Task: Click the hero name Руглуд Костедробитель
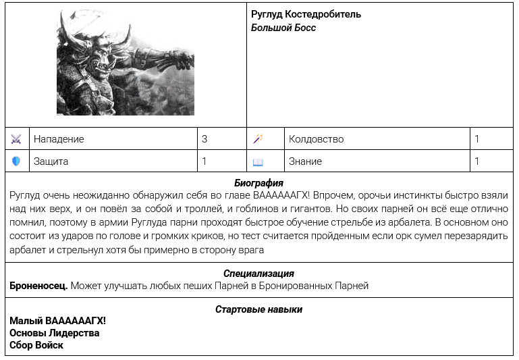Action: click(306, 14)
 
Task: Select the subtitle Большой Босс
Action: click(283, 28)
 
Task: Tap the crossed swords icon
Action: click(17, 139)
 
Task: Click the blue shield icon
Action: click(17, 161)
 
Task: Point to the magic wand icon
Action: click(258, 139)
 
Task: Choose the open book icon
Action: click(258, 162)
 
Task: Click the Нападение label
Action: click(59, 139)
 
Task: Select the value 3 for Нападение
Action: click(204, 139)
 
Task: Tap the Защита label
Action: click(51, 161)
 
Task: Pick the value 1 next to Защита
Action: click(204, 161)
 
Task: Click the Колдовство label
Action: click(316, 139)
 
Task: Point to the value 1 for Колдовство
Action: click(477, 139)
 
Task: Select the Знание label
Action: click(305, 161)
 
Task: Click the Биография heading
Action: click(258, 183)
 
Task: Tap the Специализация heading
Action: click(258, 274)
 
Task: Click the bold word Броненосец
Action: click(38, 286)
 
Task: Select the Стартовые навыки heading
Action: click(258, 309)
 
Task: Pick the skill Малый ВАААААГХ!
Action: click(57, 321)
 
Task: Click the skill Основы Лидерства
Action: click(54, 333)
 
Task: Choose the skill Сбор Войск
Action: click(36, 345)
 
